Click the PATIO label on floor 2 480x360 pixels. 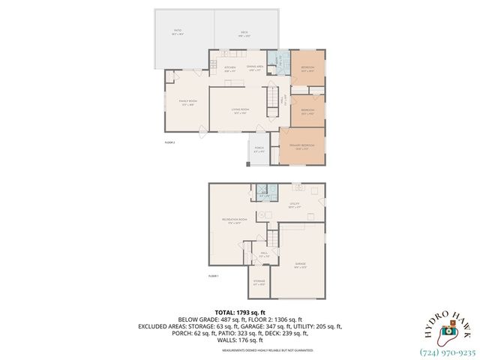point(177,32)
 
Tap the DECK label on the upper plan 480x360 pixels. point(244,32)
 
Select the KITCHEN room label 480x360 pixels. point(230,68)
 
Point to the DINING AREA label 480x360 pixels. point(255,68)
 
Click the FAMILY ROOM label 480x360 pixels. point(187,102)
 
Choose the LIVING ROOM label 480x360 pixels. point(241,111)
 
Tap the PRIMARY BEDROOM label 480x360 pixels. point(304,148)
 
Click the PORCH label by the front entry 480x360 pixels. point(259,150)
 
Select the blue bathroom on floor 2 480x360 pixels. point(278,62)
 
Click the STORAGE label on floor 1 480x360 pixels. point(259,283)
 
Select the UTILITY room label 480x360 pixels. point(295,203)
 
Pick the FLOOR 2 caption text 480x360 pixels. point(169,142)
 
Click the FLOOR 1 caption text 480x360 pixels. point(213,276)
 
